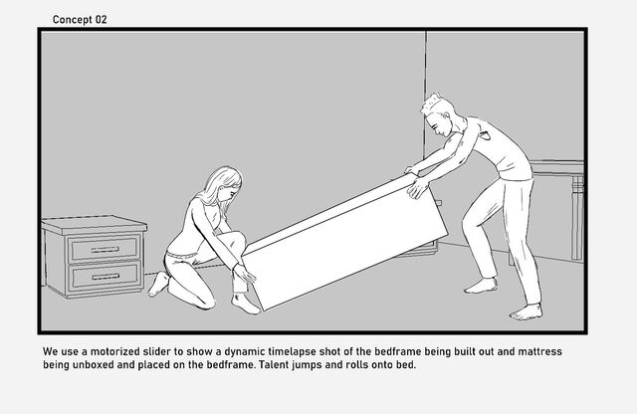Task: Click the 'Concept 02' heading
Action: [x=80, y=20]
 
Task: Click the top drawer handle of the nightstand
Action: [x=105, y=249]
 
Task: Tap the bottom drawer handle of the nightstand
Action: [x=106, y=277]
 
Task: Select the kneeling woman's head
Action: [x=223, y=187]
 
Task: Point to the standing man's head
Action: [x=438, y=114]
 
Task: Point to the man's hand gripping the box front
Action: [x=417, y=188]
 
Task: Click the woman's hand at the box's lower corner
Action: [x=246, y=274]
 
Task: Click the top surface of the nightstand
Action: [x=95, y=223]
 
